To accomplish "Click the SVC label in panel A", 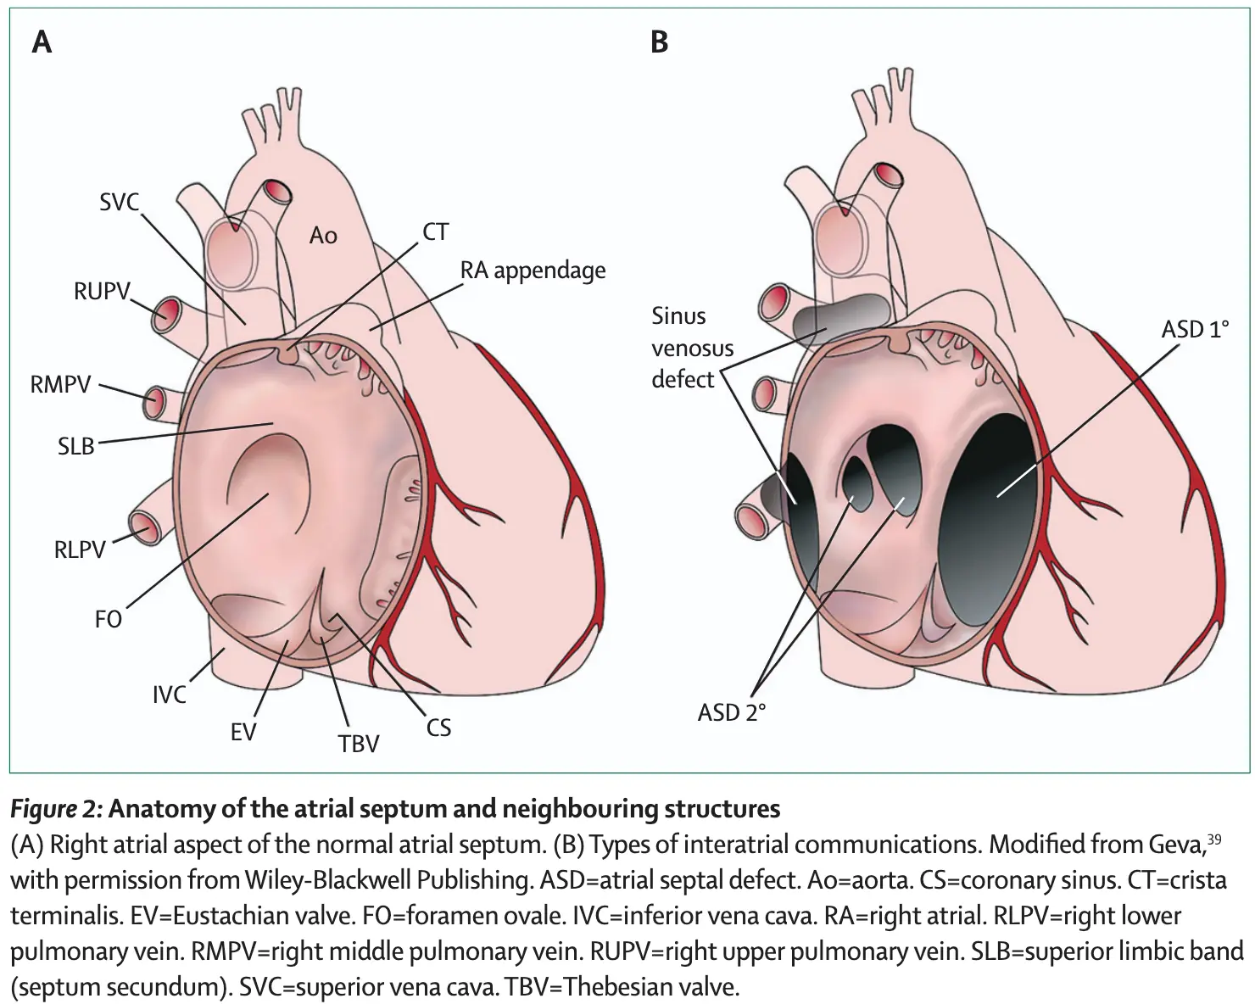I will pos(119,203).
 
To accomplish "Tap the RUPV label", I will pos(102,293).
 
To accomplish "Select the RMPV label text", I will pos(60,385).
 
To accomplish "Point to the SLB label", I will pos(75,444).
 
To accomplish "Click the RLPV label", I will pos(80,549).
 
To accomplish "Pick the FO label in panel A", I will pos(109,619).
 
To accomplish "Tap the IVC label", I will pos(169,694).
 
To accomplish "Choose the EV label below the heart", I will pos(243,731).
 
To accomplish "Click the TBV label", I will pos(359,744).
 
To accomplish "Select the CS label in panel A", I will pos(438,727).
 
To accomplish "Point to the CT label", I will pos(435,231).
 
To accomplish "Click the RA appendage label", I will pos(533,271).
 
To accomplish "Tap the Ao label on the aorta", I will pos(323,235).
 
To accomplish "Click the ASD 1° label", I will pos(1195,328).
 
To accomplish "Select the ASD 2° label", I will pos(731,712).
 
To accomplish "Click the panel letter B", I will pos(659,42).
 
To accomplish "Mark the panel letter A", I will pos(42,42).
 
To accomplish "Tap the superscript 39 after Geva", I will pos(1213,839).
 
